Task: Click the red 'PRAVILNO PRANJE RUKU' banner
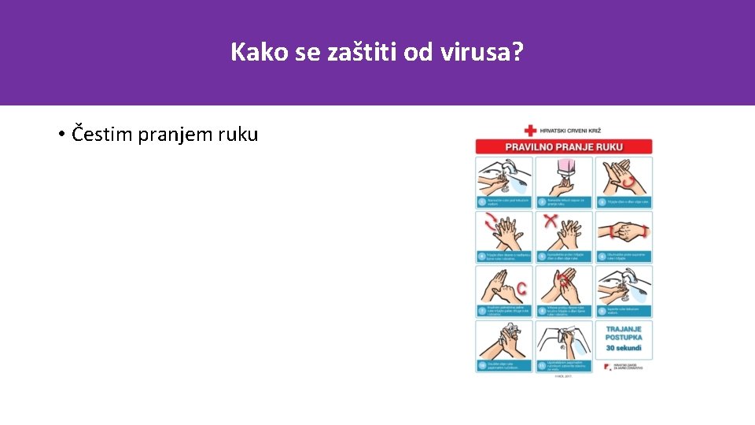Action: (x=563, y=146)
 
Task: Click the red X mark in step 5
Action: (x=551, y=221)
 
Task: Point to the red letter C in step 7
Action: (x=521, y=290)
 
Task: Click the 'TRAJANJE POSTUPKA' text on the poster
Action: (x=623, y=333)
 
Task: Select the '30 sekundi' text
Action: (x=623, y=347)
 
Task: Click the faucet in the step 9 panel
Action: (x=632, y=277)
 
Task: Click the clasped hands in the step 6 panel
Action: (x=621, y=231)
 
